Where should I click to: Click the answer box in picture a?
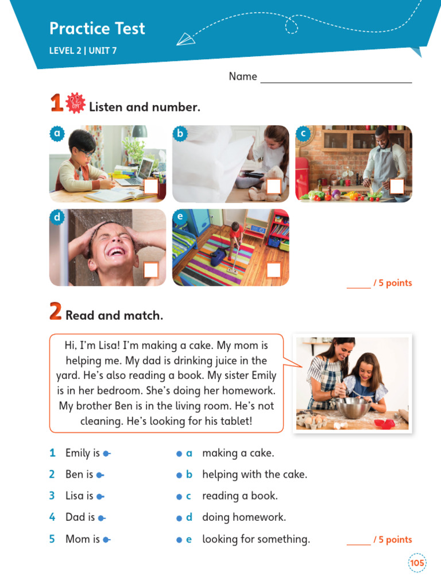(151, 187)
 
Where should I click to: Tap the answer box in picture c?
(397, 186)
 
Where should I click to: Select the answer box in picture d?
(151, 270)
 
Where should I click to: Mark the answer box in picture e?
(274, 270)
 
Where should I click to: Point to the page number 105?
(417, 563)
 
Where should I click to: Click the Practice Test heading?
(97, 28)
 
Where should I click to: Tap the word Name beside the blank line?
(243, 76)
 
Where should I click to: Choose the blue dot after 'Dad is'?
(102, 518)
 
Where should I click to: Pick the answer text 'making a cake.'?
(238, 453)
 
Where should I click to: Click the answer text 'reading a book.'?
(240, 496)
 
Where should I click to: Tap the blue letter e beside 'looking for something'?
(188, 540)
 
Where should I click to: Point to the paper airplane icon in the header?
(185, 39)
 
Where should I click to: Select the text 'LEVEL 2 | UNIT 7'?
(83, 51)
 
